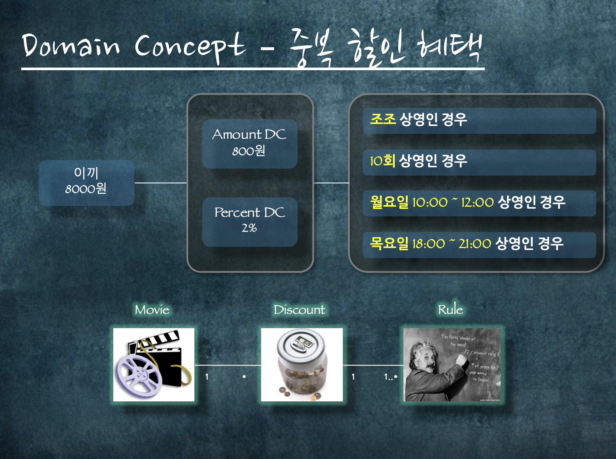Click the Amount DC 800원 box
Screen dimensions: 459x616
click(249, 144)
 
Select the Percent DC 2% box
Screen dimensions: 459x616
click(249, 222)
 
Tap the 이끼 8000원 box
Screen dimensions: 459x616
click(86, 183)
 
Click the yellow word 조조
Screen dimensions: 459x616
click(383, 119)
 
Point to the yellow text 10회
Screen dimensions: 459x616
click(382, 161)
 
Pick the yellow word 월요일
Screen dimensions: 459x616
click(389, 202)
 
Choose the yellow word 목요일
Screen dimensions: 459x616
click(389, 243)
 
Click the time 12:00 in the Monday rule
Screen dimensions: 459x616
click(477, 202)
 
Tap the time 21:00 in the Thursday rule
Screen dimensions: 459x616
click(475, 244)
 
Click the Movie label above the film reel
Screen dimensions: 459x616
click(152, 310)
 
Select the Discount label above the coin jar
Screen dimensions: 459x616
click(299, 310)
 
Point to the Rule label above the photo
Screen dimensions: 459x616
click(450, 309)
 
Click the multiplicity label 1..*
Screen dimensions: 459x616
click(391, 377)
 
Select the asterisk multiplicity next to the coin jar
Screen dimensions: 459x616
click(244, 377)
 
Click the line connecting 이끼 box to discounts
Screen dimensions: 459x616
click(161, 183)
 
